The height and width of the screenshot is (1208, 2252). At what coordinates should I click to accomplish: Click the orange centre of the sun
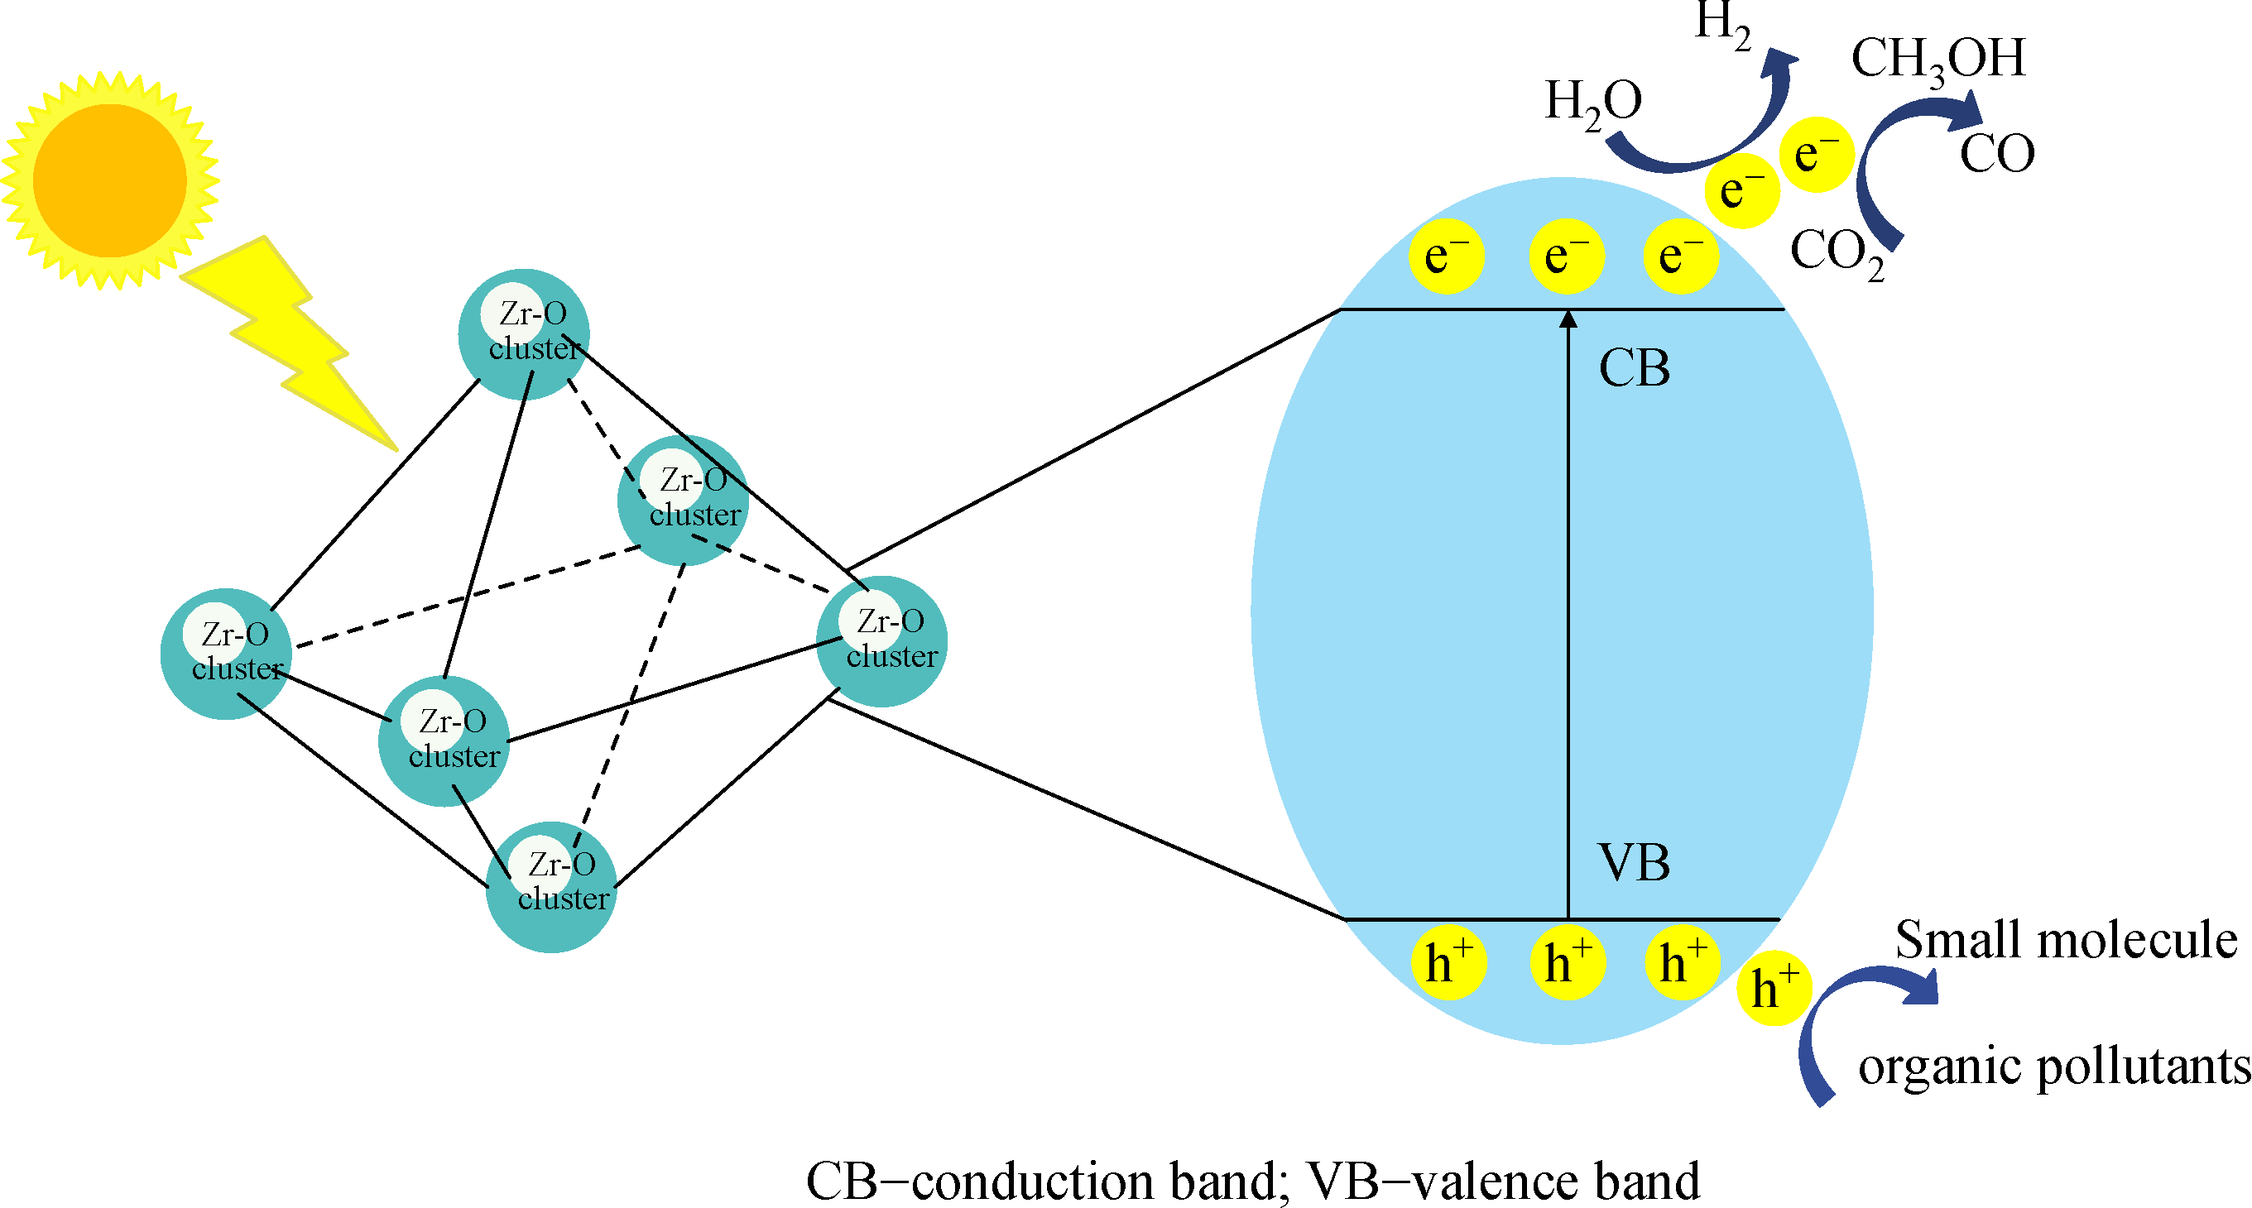pos(109,180)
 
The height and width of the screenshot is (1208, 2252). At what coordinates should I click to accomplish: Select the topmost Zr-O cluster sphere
pos(524,334)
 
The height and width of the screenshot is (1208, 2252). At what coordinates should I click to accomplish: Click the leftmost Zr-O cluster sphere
pos(226,654)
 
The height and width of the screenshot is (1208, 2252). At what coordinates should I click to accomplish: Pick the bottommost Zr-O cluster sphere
pos(550,886)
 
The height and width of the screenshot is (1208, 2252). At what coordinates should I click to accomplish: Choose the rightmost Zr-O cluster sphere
pos(881,640)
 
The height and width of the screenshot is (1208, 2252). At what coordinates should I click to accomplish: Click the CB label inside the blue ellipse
pos(1634,368)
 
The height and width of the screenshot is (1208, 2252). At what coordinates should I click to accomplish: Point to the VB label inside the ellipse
pos(1634,863)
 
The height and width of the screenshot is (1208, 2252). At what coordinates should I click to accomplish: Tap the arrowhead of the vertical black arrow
pos(1568,320)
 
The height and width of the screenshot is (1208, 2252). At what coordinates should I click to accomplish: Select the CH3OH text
pos(1937,60)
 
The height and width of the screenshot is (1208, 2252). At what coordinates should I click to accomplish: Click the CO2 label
pos(1836,253)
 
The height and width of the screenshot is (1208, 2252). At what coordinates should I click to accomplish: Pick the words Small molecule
pos(2065,941)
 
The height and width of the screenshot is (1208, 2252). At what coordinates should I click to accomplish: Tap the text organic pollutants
pos(2053,1067)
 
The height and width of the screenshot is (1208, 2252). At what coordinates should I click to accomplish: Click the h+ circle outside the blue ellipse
pos(1774,989)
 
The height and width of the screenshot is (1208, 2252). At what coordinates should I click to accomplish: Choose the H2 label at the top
pos(1721,25)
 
